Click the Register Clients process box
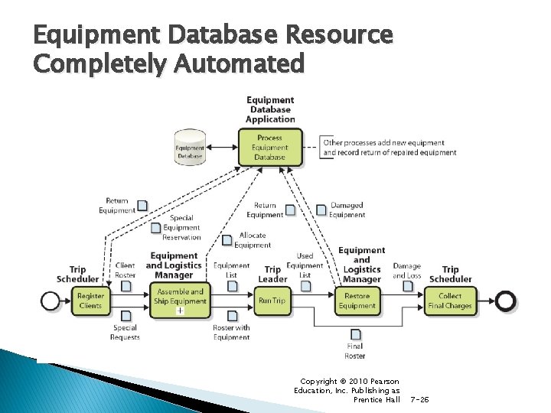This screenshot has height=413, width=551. pyautogui.click(x=90, y=301)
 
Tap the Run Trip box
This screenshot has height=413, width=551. pyautogui.click(x=272, y=301)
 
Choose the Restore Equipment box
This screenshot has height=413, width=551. pyautogui.click(x=357, y=301)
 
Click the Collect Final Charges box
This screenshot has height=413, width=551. pyautogui.click(x=450, y=301)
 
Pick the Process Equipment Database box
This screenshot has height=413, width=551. pyautogui.click(x=269, y=148)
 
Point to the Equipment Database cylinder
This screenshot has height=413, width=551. pyautogui.click(x=190, y=147)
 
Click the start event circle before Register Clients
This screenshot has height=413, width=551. pyautogui.click(x=51, y=301)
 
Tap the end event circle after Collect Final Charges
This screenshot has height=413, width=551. pyautogui.click(x=505, y=301)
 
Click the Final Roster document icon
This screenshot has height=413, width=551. pyautogui.click(x=355, y=334)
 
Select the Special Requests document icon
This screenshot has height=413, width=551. pyautogui.click(x=126, y=316)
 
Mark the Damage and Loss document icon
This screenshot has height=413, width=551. pyautogui.click(x=408, y=286)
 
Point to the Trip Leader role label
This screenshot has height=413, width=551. pyautogui.click(x=272, y=274)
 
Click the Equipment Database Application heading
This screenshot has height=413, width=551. pyautogui.click(x=270, y=109)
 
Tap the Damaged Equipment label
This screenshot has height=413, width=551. pyautogui.click(x=347, y=210)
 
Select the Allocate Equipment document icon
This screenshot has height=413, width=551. pyautogui.click(x=227, y=240)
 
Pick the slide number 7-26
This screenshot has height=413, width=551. pyautogui.click(x=420, y=399)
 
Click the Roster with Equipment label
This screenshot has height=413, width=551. pyautogui.click(x=231, y=333)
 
